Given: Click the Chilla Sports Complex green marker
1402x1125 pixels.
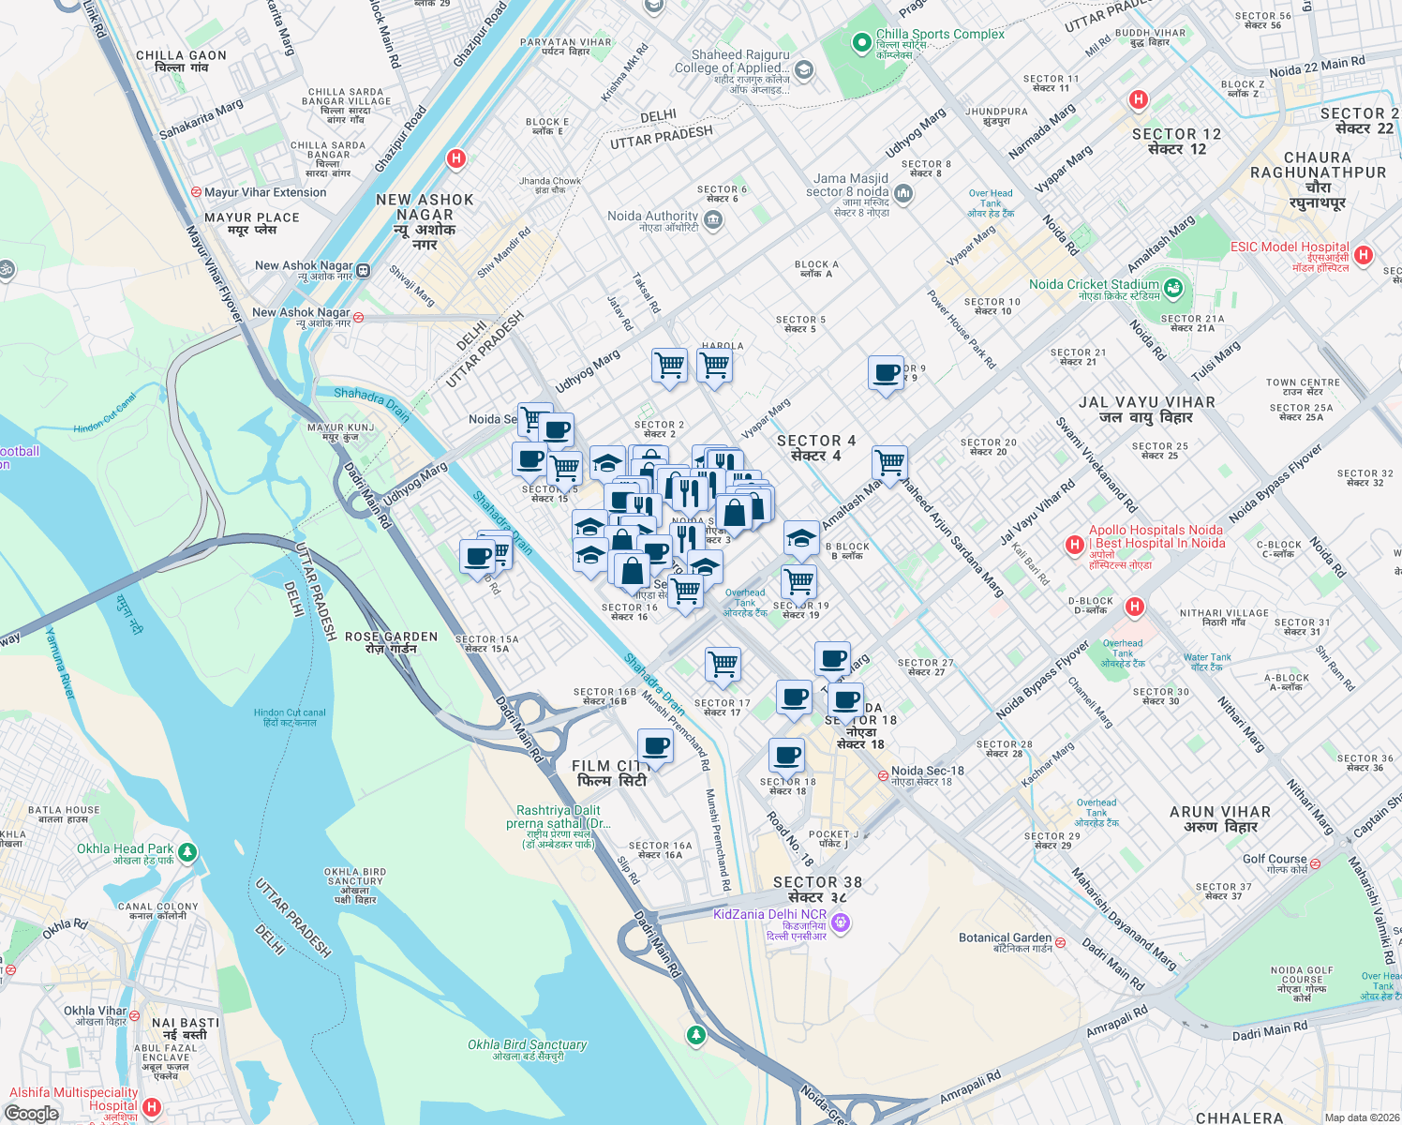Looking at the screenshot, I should point(861,42).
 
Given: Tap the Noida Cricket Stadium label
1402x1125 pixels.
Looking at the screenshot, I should point(1094,285).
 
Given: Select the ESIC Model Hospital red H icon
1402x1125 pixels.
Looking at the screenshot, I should point(1364,254).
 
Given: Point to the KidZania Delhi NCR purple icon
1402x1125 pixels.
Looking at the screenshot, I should point(841,922).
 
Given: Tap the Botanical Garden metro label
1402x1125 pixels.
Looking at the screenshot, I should point(1005,938).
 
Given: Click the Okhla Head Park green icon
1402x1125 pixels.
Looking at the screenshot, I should point(187,852).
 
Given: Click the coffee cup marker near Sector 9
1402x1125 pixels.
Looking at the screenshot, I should point(886,373).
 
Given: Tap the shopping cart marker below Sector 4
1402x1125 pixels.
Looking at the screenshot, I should point(889,462).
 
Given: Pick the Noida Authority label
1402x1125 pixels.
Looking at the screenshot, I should point(652,217).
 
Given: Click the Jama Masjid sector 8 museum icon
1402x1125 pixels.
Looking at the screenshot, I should point(902,193).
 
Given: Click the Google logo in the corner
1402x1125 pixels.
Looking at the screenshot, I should point(32,1113).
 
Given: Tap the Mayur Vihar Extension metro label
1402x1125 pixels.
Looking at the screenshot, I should point(265,192).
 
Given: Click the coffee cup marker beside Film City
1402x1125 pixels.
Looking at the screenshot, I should point(656,747).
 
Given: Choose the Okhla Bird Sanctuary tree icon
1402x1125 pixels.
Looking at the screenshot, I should point(695,1034).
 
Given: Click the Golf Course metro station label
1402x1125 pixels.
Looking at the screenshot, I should point(1275,860).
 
